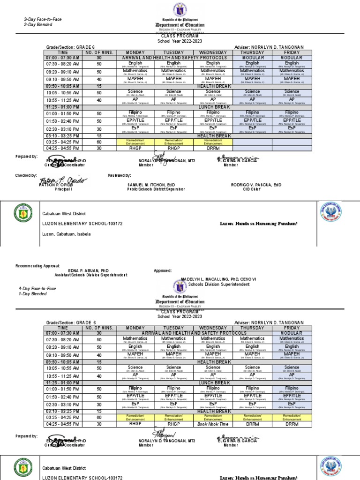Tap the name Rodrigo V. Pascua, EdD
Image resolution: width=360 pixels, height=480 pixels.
[256, 185]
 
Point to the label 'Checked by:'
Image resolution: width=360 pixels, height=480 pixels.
[26, 175]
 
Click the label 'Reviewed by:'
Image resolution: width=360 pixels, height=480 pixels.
[120, 175]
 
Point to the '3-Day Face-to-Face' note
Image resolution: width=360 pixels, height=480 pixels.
[43, 19]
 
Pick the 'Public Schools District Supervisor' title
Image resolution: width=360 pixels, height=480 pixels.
[156, 189]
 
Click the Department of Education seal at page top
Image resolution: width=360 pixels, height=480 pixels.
[180, 11]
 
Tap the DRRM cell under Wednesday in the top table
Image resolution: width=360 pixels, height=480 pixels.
[213, 149]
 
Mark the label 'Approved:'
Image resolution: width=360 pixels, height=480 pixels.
[163, 271]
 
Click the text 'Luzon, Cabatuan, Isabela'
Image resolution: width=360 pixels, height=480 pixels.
[67, 234]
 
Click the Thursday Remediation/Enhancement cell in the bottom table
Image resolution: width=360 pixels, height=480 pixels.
[252, 417]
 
